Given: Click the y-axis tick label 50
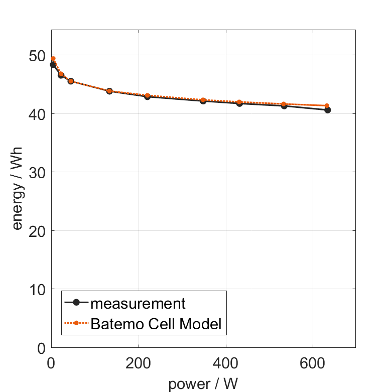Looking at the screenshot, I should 37,55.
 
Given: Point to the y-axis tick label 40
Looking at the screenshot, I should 37,114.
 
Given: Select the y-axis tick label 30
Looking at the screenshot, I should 37,172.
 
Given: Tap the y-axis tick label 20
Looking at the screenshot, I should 37,231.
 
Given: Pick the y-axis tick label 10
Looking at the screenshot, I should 37,290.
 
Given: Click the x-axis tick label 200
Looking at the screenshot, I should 139,362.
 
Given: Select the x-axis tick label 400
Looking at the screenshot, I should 226,362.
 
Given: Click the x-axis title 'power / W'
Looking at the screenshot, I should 203,384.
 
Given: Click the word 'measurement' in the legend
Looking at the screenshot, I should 138,303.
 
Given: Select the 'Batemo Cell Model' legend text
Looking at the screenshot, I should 156,323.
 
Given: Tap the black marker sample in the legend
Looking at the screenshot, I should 76,303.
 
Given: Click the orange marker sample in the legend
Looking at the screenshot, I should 76,323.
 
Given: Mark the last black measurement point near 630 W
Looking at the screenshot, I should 328,110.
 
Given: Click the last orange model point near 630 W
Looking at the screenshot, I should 327,106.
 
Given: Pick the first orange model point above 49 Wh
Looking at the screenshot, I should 53,58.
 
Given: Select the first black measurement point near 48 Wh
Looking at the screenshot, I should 53,64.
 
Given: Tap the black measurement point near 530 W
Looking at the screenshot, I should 284,105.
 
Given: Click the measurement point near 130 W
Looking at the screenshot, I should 109,91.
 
